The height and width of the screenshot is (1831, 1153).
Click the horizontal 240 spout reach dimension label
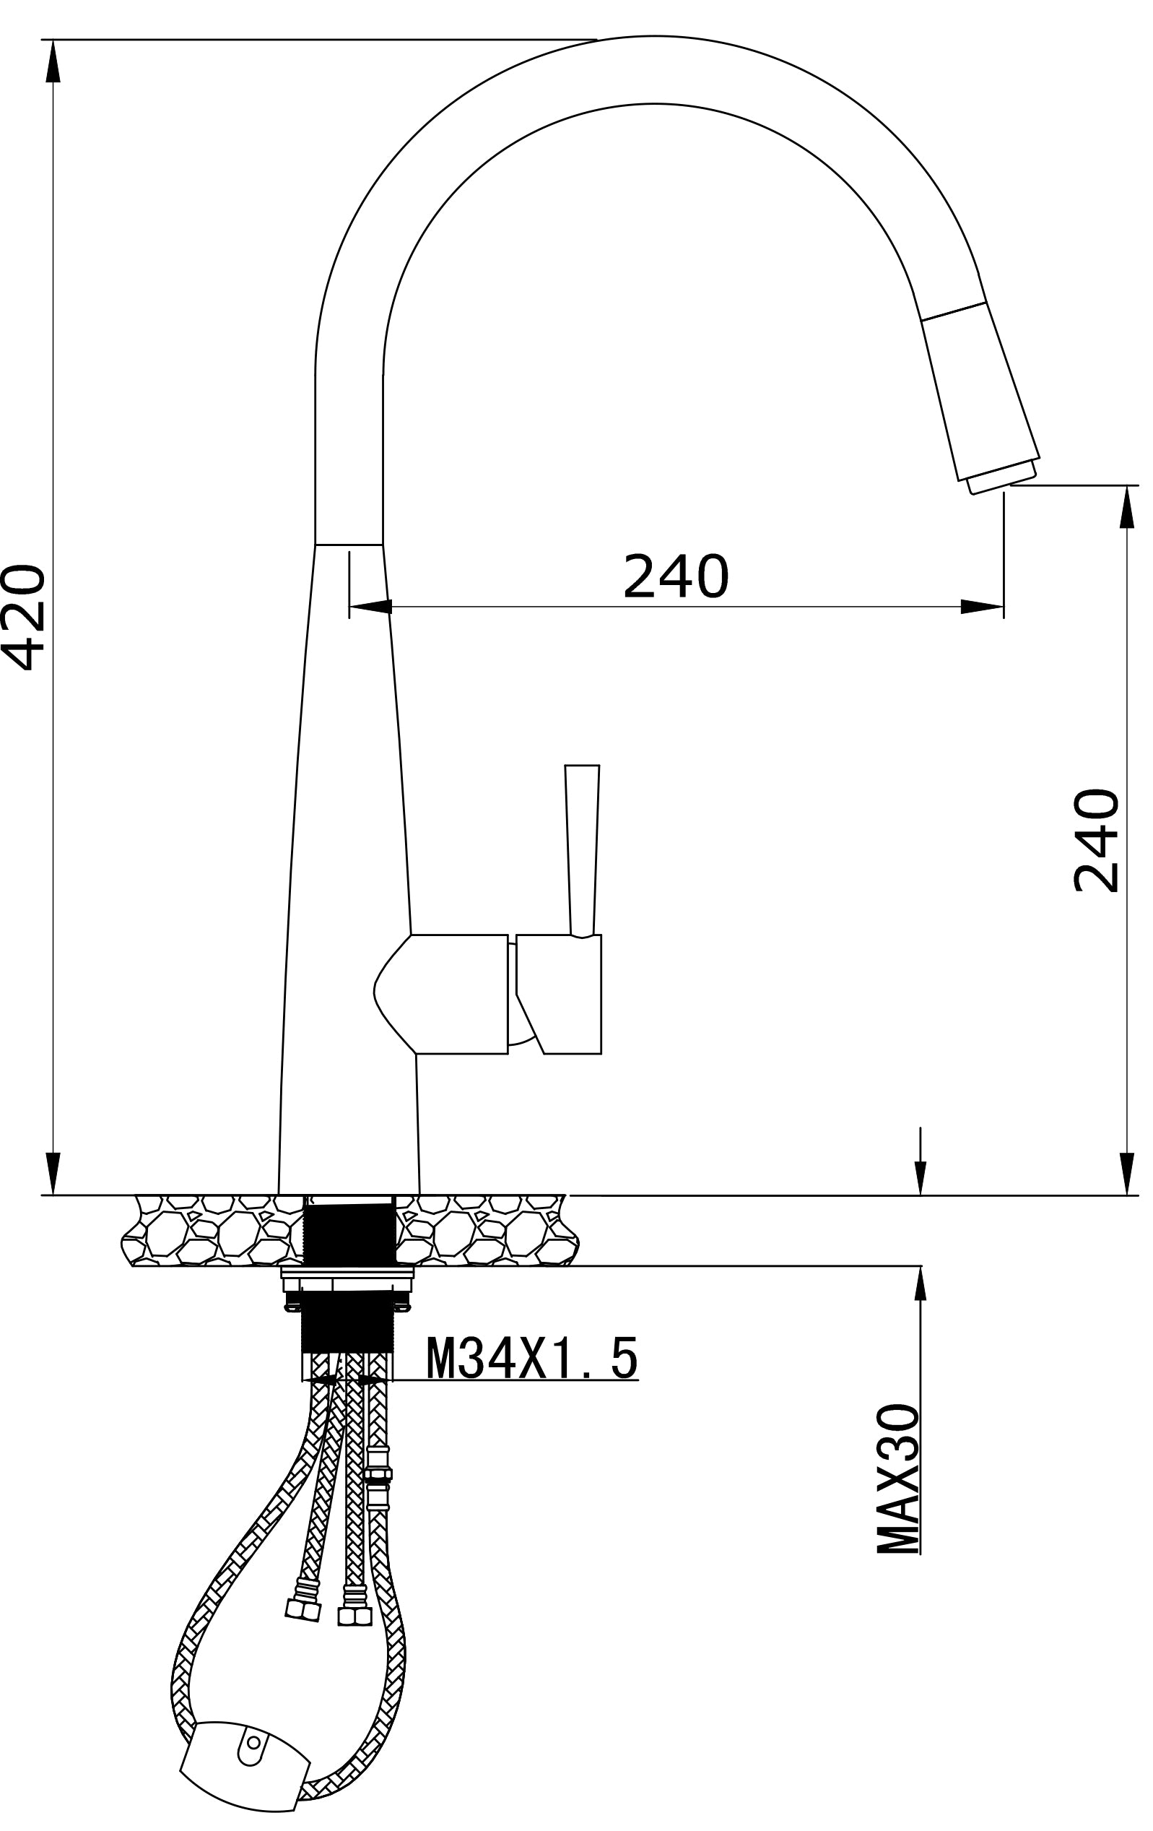click(675, 576)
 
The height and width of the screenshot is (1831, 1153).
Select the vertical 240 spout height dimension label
click(1095, 840)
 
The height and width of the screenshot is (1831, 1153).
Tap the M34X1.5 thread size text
click(531, 1359)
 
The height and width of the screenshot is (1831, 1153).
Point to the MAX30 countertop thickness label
click(897, 1479)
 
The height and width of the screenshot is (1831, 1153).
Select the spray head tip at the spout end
click(1002, 479)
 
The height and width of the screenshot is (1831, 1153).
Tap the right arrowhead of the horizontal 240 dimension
click(982, 606)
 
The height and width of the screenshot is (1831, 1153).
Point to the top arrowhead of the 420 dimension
click(53, 61)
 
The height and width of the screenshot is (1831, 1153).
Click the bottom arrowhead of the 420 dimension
click(53, 1173)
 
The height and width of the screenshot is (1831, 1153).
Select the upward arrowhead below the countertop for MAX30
click(921, 1288)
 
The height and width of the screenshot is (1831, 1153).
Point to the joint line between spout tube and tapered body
click(348, 545)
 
